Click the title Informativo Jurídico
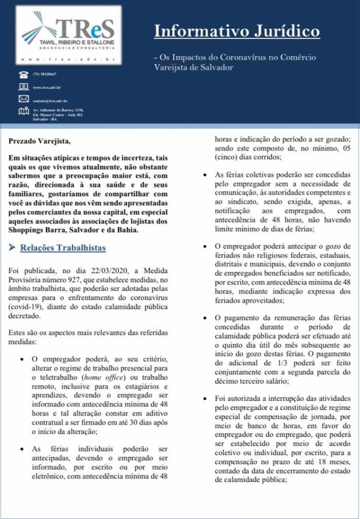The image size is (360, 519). (x=237, y=31)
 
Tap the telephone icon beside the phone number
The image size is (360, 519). (x=23, y=75)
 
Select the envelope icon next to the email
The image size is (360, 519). (x=23, y=99)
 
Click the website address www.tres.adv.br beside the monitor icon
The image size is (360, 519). (x=47, y=87)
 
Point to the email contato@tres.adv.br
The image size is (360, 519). (x=50, y=101)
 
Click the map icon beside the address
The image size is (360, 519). (x=23, y=112)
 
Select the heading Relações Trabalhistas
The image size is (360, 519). (x=63, y=248)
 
